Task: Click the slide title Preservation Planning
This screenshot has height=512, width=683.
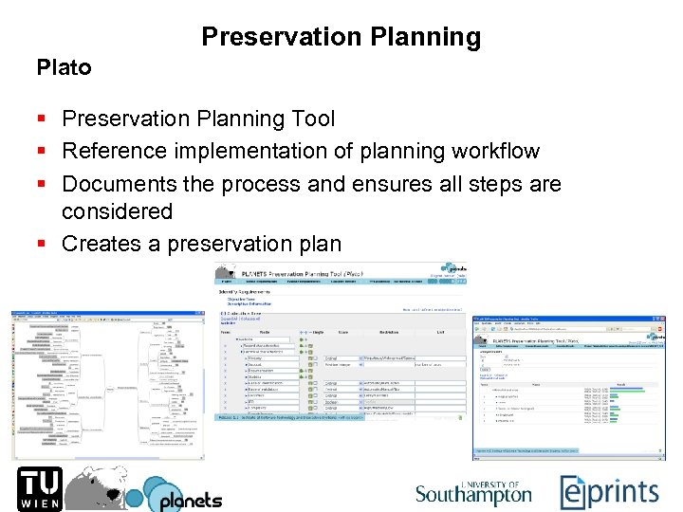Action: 341,37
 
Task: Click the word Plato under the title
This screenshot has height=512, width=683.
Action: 64,67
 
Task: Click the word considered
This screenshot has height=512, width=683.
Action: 117,210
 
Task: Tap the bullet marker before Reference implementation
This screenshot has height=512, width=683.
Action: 42,152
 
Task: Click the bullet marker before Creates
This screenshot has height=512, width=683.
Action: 42,245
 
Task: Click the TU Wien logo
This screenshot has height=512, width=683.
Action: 35,488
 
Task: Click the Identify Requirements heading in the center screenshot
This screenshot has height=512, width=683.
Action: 243,291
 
